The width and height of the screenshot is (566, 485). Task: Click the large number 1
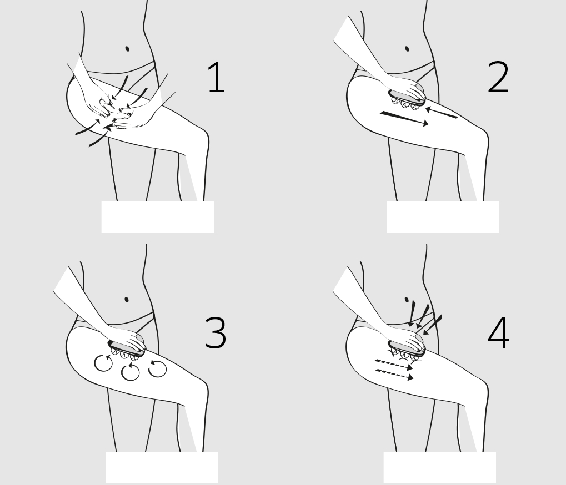tap(217, 78)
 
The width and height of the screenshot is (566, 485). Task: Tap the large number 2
tap(498, 77)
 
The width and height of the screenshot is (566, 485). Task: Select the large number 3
tap(215, 332)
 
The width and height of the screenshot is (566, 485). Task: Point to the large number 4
tap(498, 333)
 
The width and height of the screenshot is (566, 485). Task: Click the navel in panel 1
tap(127, 49)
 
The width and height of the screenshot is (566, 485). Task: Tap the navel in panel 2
tap(407, 49)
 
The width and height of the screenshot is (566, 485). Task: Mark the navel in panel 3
tap(126, 299)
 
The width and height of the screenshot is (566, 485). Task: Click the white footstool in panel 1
tap(157, 216)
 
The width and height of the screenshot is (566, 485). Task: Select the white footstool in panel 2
tap(443, 216)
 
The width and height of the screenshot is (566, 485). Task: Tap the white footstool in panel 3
tap(162, 467)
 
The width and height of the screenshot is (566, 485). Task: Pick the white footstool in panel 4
tap(440, 467)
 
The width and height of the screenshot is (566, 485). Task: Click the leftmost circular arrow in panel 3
tap(103, 363)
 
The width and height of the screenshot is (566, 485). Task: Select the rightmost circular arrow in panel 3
tap(158, 368)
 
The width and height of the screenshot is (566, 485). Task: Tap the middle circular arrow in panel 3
tap(131, 372)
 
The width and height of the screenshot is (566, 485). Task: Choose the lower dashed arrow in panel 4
tap(394, 375)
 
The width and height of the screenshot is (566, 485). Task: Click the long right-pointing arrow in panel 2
tap(404, 119)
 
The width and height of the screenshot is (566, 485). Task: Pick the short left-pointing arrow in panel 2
tap(442, 113)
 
